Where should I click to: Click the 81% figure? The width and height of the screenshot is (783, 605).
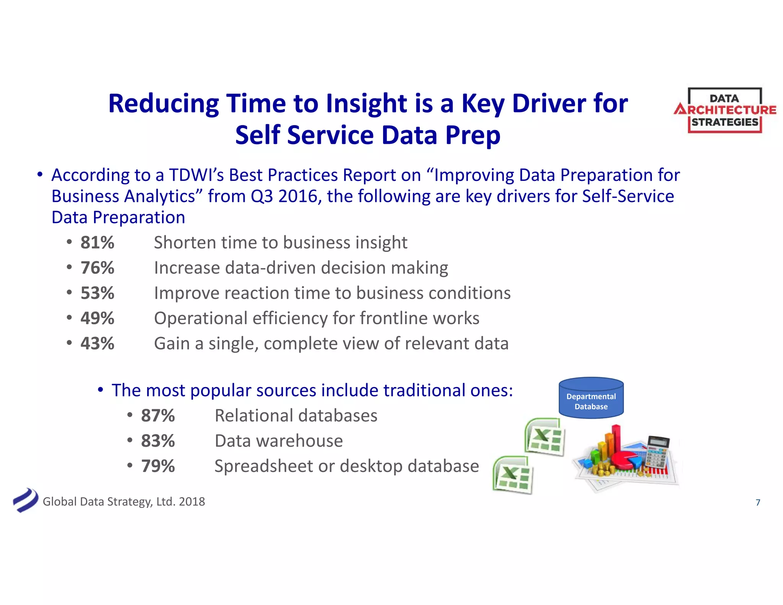(97, 242)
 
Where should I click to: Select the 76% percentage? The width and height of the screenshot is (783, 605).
(97, 268)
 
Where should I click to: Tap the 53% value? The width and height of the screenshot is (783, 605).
(97, 293)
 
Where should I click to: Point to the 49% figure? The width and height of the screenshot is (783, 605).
(97, 318)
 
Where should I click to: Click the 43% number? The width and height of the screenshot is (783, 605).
(97, 343)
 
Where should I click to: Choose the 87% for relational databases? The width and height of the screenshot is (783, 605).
(158, 416)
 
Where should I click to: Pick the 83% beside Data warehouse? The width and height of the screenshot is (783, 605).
(158, 441)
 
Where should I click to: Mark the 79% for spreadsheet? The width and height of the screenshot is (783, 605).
(158, 466)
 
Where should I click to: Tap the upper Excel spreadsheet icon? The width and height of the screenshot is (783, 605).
(544, 437)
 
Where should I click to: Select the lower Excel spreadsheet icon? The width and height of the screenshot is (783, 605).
(512, 475)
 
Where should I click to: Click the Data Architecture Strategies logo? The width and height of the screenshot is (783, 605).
(725, 110)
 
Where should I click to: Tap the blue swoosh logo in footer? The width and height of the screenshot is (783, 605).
(25, 500)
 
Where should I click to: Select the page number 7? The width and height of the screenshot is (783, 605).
(758, 503)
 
